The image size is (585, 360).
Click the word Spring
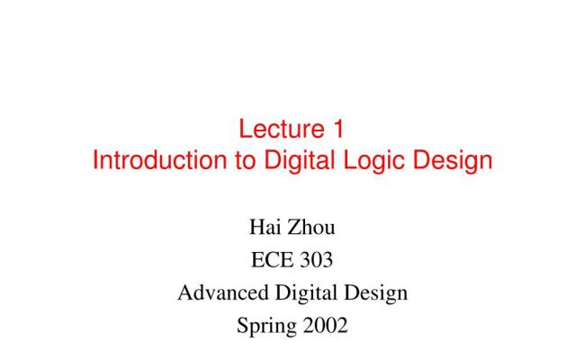265,326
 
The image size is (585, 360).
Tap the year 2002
323,326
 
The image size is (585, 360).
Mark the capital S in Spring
241,326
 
